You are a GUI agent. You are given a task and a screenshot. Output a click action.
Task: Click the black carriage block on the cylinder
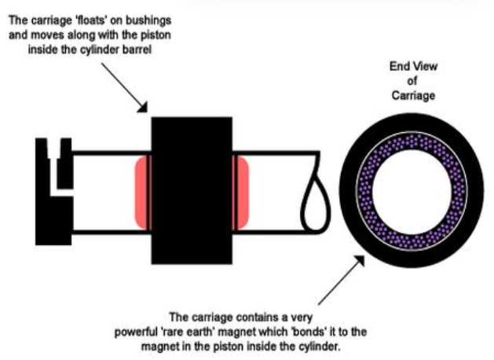[x=192, y=190]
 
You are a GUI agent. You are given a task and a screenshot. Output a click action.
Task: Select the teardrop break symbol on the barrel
[x=316, y=202]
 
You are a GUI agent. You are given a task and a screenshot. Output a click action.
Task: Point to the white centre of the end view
[x=412, y=191]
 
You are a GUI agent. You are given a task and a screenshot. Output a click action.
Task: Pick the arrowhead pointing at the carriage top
[x=142, y=107]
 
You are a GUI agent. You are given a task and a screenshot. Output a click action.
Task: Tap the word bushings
[x=148, y=20]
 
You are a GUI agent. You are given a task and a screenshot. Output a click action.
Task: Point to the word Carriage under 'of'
[x=413, y=95]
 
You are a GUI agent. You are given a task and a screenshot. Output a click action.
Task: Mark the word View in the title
[x=426, y=66]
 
